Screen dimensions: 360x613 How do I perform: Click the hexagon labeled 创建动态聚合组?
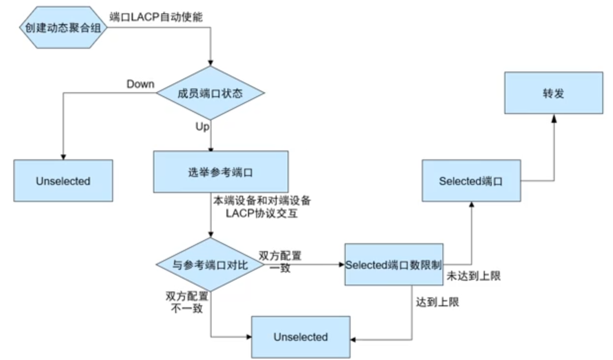pyautogui.click(x=63, y=28)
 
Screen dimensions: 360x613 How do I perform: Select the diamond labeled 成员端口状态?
pyautogui.click(x=211, y=93)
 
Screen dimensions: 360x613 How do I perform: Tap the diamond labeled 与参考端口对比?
pyautogui.click(x=211, y=265)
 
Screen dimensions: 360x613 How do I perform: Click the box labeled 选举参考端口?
pyautogui.click(x=220, y=172)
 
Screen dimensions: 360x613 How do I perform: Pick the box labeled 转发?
pyautogui.click(x=553, y=93)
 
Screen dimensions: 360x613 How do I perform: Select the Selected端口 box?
pyautogui.click(x=471, y=180)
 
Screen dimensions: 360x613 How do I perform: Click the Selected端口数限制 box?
pyautogui.click(x=394, y=264)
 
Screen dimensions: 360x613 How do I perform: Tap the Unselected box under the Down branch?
pyautogui.click(x=63, y=180)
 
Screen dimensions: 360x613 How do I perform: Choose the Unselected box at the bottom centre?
pyautogui.click(x=300, y=337)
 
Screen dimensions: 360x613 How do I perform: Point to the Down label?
pyautogui.click(x=141, y=84)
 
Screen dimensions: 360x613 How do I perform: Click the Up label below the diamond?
pyautogui.click(x=203, y=127)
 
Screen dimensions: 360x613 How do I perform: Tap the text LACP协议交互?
pyautogui.click(x=262, y=214)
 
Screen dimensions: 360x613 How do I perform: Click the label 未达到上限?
pyautogui.click(x=473, y=276)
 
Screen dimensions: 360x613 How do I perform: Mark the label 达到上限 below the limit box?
pyautogui.click(x=437, y=302)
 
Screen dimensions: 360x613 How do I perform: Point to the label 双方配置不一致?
pyautogui.click(x=186, y=302)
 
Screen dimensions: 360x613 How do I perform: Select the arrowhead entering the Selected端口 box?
pyautogui.click(x=471, y=205)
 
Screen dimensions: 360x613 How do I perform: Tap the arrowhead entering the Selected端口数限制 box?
pyautogui.click(x=341, y=264)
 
